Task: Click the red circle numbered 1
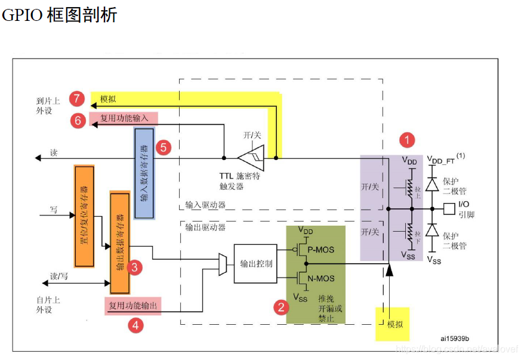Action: pyautogui.click(x=407, y=140)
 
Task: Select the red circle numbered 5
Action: pyautogui.click(x=164, y=146)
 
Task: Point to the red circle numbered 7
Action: pyautogui.click(x=76, y=99)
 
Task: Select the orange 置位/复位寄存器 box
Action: pyautogui.click(x=84, y=215)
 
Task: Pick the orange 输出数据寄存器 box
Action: pyautogui.click(x=119, y=242)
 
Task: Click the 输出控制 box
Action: pyautogui.click(x=256, y=264)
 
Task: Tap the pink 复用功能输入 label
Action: pyautogui.click(x=124, y=119)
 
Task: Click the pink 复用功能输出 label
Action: pyautogui.click(x=132, y=306)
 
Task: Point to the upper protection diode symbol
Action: pyautogui.click(x=430, y=184)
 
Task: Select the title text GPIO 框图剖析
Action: pyautogui.click(x=60, y=15)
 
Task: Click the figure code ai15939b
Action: pyautogui.click(x=455, y=338)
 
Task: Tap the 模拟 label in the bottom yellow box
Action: pyautogui.click(x=395, y=324)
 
